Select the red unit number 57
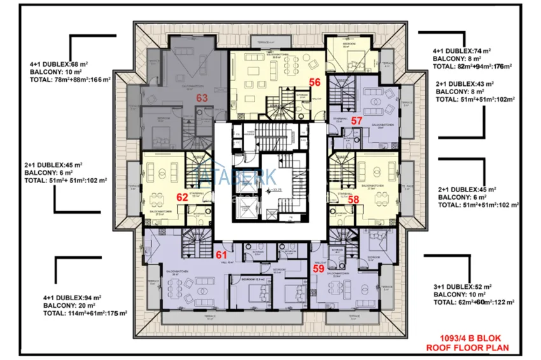pyautogui.click(x=356, y=121)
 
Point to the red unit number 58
pyautogui.click(x=354, y=199)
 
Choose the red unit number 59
pyautogui.click(x=318, y=268)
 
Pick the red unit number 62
pyautogui.click(x=182, y=197)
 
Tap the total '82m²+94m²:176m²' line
pyautogui.click(x=472, y=66)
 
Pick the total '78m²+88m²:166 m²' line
pyautogui.click(x=70, y=80)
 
